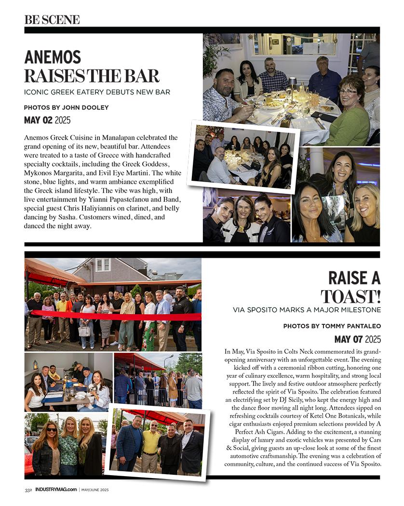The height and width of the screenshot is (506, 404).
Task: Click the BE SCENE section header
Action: click(x=52, y=20)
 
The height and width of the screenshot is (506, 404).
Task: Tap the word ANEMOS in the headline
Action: click(x=53, y=57)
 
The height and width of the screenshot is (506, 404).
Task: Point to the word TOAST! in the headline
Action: click(x=350, y=295)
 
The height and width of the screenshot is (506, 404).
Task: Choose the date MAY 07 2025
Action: click(x=357, y=339)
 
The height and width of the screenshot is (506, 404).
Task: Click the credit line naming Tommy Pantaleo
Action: click(x=332, y=326)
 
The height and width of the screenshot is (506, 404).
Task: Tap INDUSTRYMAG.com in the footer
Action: click(x=56, y=490)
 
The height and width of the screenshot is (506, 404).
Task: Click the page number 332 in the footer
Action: click(x=28, y=490)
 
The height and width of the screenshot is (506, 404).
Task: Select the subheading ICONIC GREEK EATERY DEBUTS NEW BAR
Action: click(x=97, y=92)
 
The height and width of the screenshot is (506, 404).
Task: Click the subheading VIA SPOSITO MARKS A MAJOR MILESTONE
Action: click(x=307, y=309)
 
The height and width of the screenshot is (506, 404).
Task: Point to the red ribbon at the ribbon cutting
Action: click(x=116, y=316)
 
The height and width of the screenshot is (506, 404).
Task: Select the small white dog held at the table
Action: click(x=93, y=388)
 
